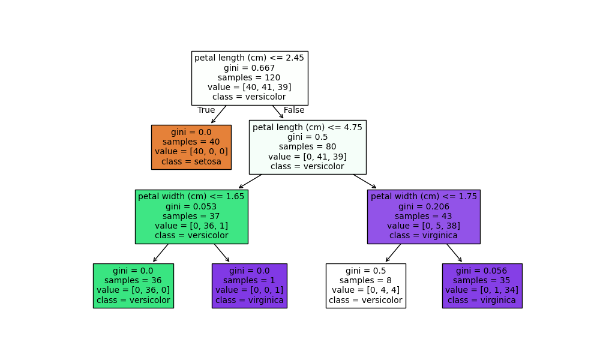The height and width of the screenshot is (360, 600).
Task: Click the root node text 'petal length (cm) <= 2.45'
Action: tap(249, 58)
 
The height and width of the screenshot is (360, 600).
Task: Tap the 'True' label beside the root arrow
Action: tap(206, 110)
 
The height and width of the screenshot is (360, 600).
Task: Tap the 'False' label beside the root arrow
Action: tap(294, 110)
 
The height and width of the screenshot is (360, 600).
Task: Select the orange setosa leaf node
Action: tap(191, 147)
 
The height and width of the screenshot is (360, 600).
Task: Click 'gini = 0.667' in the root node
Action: tap(249, 68)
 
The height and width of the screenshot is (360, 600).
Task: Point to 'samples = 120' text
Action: tap(249, 77)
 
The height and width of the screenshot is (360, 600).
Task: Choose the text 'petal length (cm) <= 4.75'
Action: tap(307, 127)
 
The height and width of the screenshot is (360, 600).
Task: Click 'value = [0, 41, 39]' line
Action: tap(307, 157)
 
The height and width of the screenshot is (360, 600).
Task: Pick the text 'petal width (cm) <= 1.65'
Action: tap(191, 197)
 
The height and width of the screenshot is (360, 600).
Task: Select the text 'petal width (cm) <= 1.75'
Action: tap(424, 197)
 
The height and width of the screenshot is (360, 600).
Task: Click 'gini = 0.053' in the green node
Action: tap(191, 206)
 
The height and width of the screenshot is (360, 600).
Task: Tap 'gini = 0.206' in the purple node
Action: tap(424, 206)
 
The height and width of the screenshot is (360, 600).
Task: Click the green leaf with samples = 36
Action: tap(133, 286)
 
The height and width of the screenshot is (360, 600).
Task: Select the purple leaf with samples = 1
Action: tap(249, 286)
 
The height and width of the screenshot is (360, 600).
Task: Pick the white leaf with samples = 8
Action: tap(365, 286)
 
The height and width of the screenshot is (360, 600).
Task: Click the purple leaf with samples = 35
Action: tap(482, 286)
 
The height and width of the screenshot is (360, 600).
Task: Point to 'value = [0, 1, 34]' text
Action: tap(482, 290)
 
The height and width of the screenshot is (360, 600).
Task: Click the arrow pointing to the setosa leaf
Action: tap(218, 115)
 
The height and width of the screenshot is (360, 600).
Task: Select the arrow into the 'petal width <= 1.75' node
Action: tap(365, 181)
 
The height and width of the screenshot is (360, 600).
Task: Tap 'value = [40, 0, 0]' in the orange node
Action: tap(191, 152)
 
